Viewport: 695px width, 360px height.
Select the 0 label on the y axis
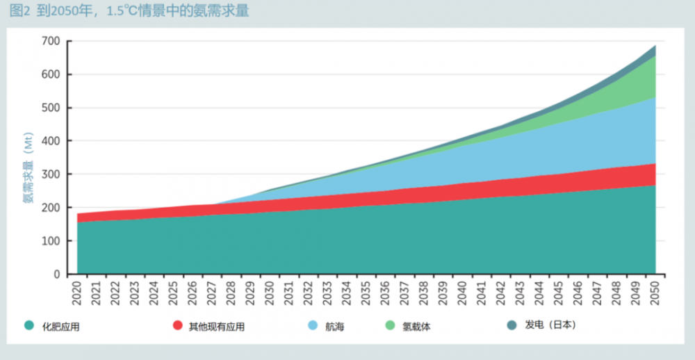coord(56,275)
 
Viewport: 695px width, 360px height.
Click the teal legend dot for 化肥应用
coord(28,325)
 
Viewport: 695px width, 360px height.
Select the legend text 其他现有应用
coord(216,326)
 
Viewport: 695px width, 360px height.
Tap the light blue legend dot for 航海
coord(312,325)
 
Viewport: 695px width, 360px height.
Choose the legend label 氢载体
coord(416,326)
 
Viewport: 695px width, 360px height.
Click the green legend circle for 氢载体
coord(390,325)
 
